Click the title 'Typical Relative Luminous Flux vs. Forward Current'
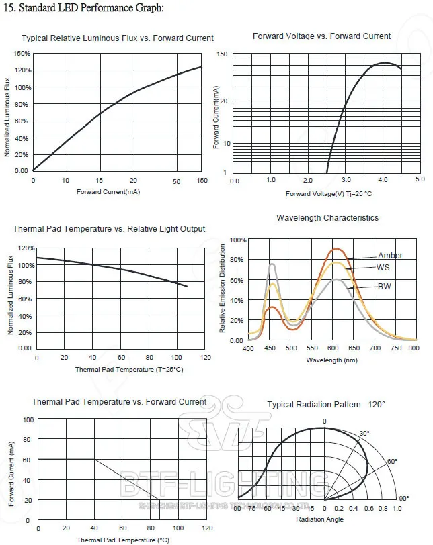point(118,38)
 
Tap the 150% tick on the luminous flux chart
point(22,53)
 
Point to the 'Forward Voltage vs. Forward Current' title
point(321,36)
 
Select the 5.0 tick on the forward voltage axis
point(420,180)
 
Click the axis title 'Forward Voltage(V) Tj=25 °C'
point(329,194)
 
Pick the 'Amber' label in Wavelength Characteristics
point(390,256)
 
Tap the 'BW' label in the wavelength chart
point(385,287)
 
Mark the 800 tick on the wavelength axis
point(414,349)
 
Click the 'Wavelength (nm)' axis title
point(331,360)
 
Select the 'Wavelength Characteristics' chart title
point(327,218)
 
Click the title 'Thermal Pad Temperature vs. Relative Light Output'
point(109,229)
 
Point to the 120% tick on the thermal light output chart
point(25,248)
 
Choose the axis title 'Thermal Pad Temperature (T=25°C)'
point(129,370)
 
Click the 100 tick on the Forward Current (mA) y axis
point(28,419)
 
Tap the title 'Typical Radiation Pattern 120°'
point(326,405)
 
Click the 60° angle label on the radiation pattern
point(392,462)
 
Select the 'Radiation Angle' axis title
point(319,519)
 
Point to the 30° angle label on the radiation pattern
point(364,434)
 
